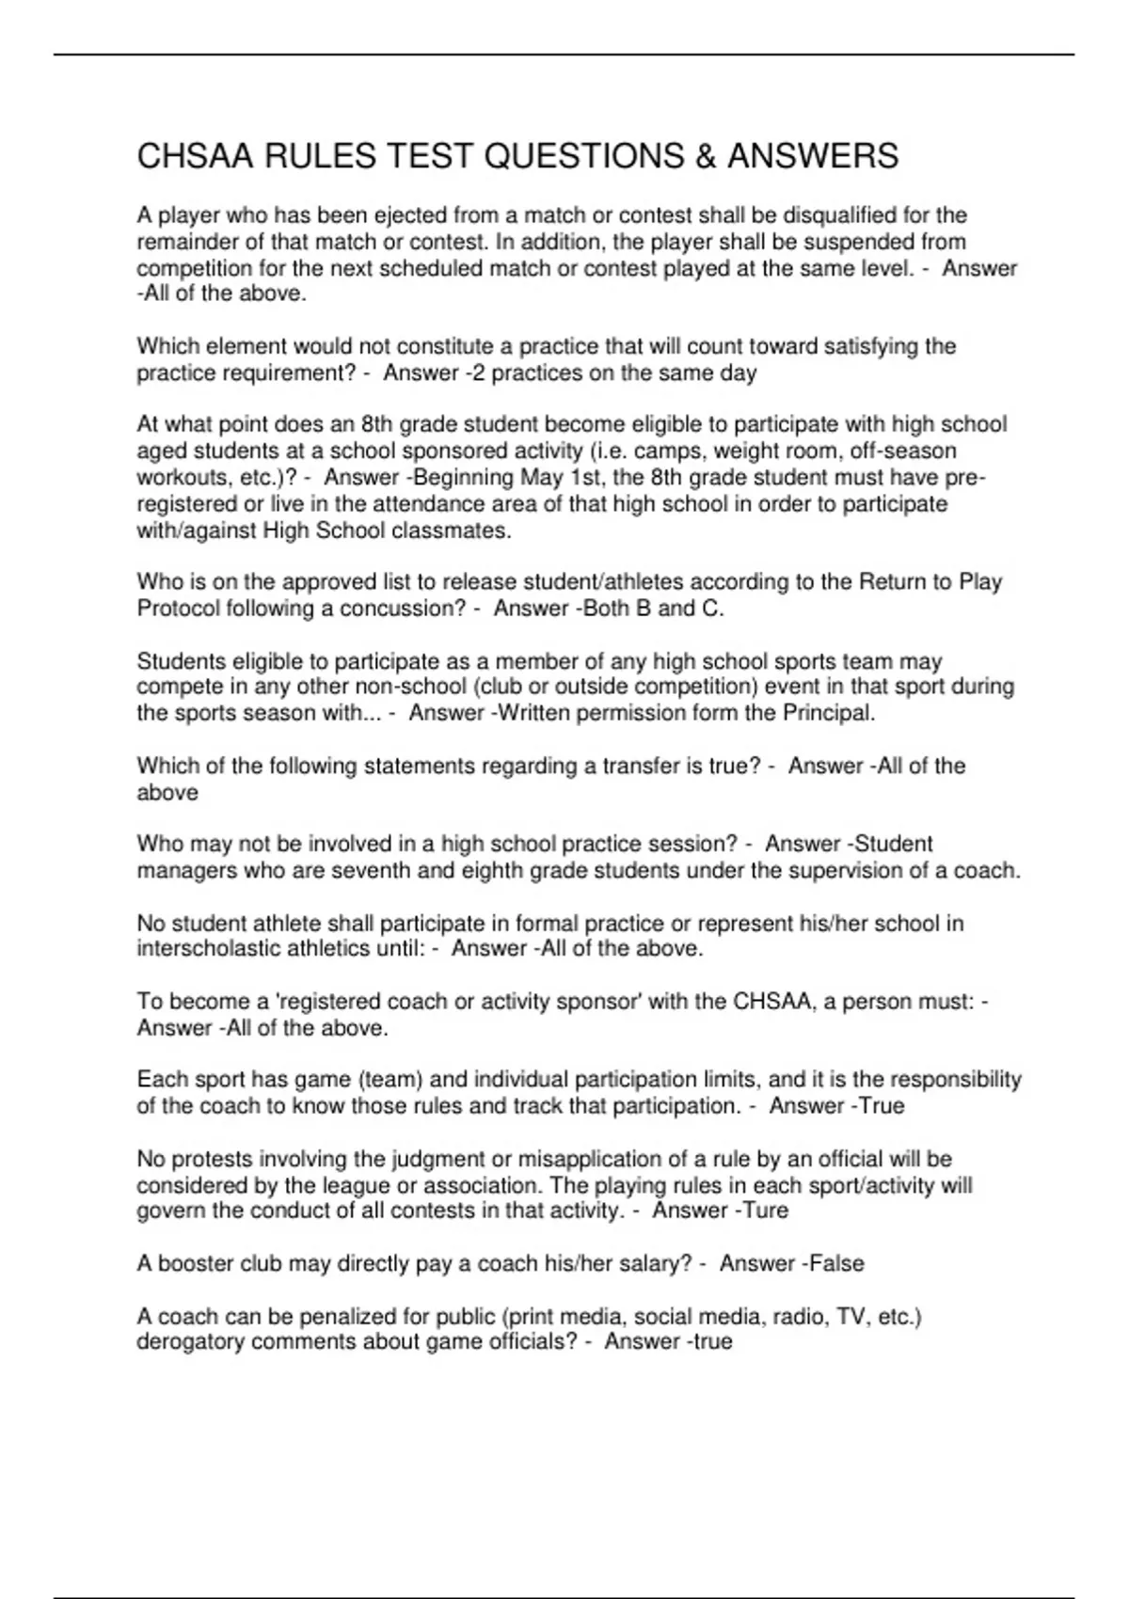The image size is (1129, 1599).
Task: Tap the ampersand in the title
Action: tap(706, 156)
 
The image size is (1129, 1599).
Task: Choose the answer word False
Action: tap(836, 1263)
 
